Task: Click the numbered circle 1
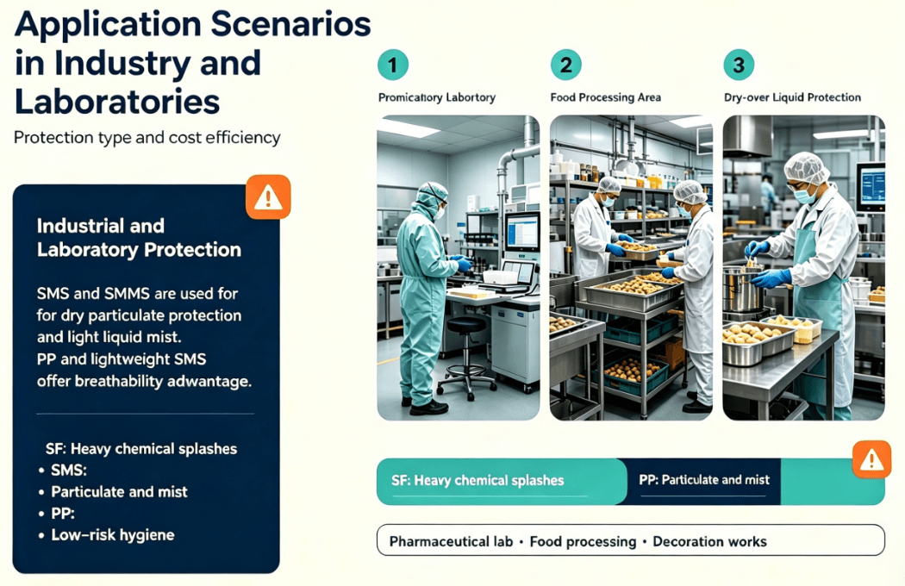[x=393, y=65]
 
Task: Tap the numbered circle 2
[x=565, y=65]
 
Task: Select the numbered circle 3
[x=739, y=65]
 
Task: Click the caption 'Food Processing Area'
[x=605, y=97]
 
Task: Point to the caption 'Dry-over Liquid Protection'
[x=792, y=97]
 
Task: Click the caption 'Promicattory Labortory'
[x=437, y=97]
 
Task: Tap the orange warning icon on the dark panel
[x=268, y=197]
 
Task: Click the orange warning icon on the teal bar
[x=871, y=459]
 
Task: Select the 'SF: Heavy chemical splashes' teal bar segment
[x=502, y=482]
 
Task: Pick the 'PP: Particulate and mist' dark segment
[x=703, y=480]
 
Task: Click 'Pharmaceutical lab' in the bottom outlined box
[x=451, y=541]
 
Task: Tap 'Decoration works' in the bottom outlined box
[x=709, y=541]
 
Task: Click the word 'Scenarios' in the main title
[x=291, y=24]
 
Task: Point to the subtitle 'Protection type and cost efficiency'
[x=147, y=138]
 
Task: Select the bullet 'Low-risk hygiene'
[x=113, y=535]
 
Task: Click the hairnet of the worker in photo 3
[x=806, y=166]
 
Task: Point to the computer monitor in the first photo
[x=522, y=232]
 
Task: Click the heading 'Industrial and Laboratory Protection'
[x=139, y=237]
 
